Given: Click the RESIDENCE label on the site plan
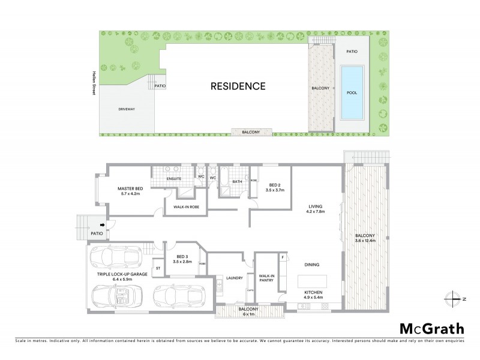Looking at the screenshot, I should pyautogui.click(x=238, y=86).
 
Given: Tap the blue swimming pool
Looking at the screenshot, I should pyautogui.click(x=352, y=94).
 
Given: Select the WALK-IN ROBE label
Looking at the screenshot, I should pyautogui.click(x=186, y=207).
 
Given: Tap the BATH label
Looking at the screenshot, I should pyautogui.click(x=237, y=181).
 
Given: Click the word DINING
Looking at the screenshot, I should pyautogui.click(x=311, y=264).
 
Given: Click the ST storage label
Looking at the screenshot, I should pyautogui.click(x=158, y=268).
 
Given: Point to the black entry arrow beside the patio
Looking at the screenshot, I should pyautogui.click(x=103, y=226).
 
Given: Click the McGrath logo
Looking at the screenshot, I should pyautogui.click(x=431, y=328).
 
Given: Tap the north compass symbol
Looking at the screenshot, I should pyautogui.click(x=454, y=298).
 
